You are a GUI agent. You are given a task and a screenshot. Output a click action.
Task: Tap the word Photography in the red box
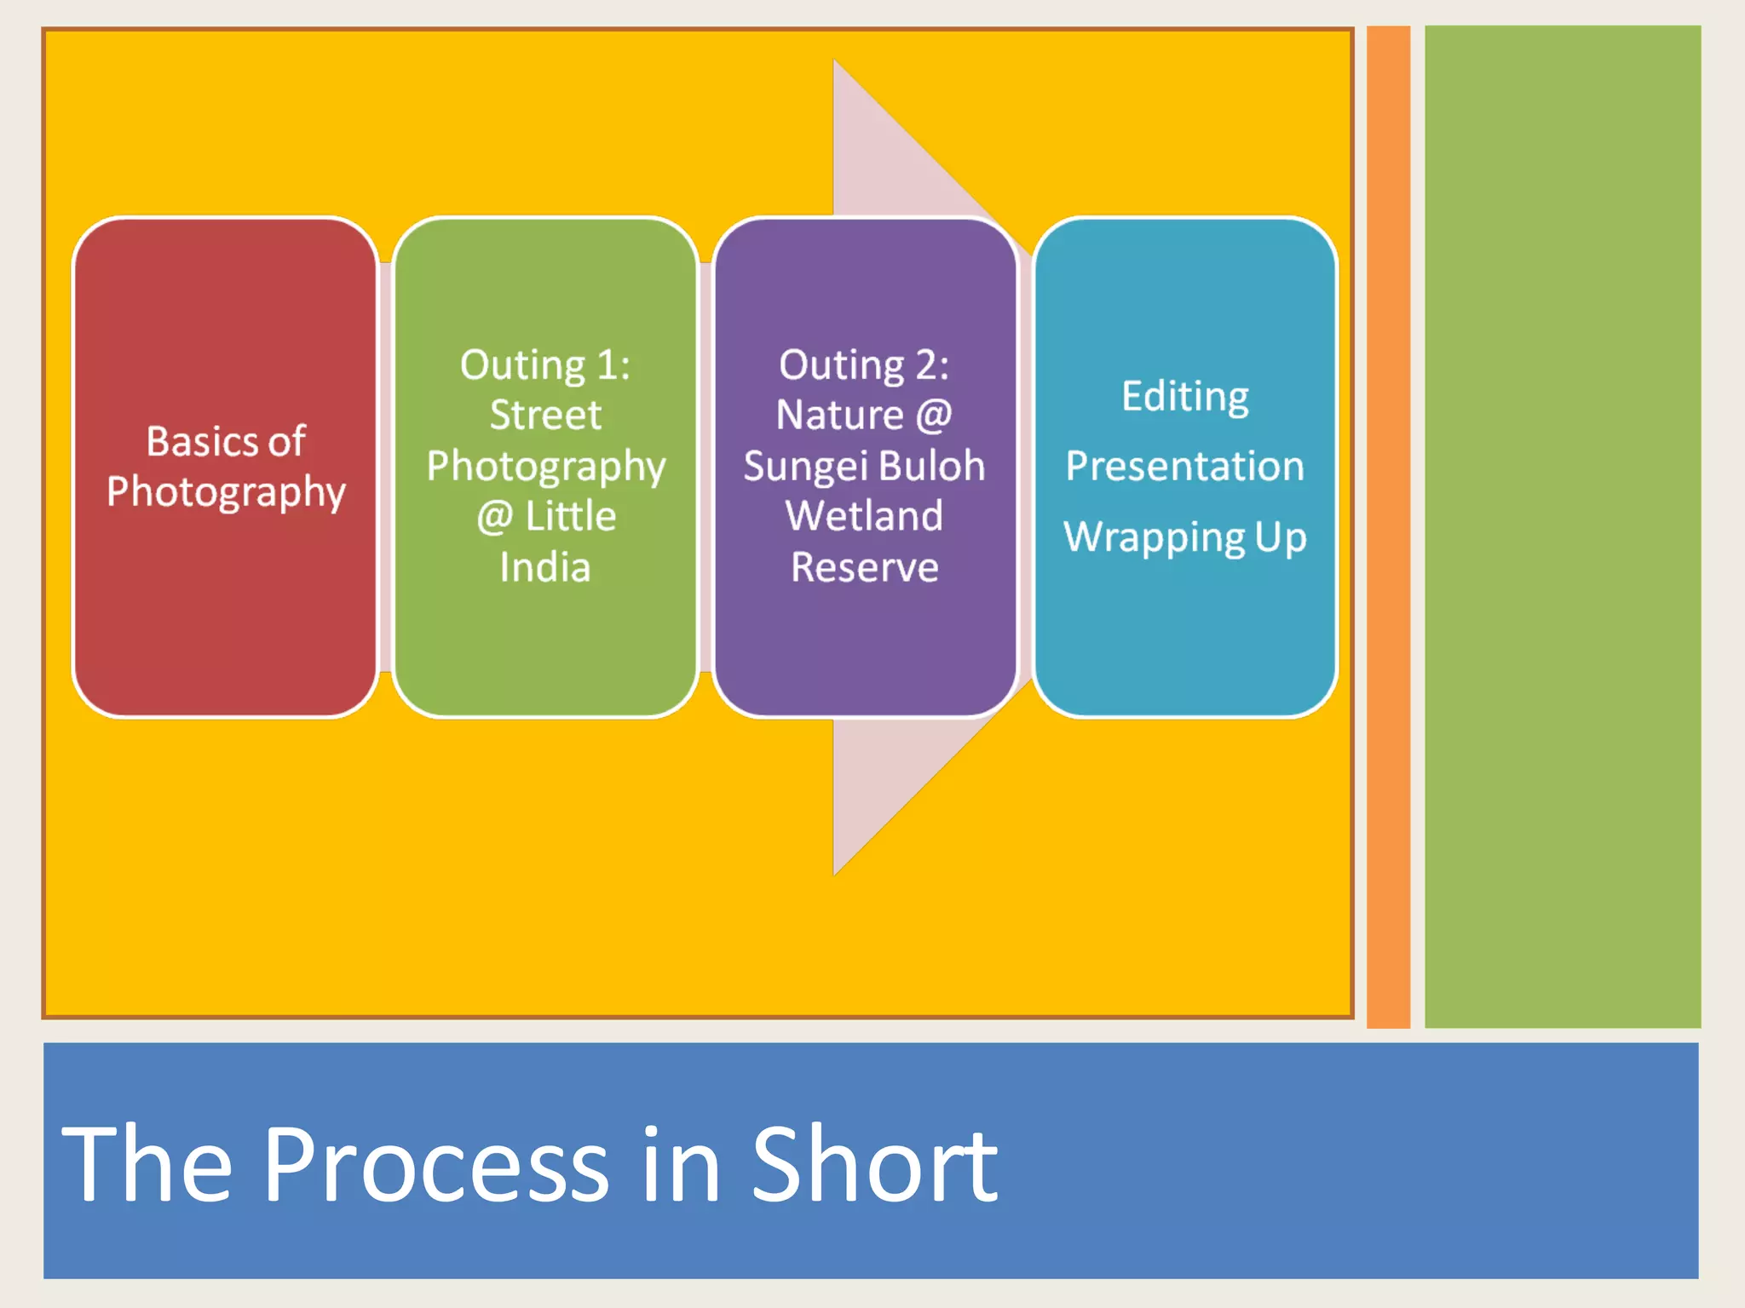point(226,493)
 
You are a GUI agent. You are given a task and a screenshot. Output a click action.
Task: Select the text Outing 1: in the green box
point(545,365)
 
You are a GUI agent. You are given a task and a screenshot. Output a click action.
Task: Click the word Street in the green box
point(545,416)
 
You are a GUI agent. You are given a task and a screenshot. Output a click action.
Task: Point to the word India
point(545,567)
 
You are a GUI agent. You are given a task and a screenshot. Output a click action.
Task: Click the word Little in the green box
point(570,517)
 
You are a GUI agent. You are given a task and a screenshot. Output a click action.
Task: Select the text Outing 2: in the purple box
point(864,365)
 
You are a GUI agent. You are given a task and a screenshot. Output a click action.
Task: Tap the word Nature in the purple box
point(839,416)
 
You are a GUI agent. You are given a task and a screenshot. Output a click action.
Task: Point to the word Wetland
point(864,516)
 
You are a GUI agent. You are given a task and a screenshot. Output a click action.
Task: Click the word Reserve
point(864,567)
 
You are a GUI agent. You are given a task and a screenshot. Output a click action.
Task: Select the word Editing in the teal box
point(1184,397)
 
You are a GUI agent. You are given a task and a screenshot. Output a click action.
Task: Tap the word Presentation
point(1184,467)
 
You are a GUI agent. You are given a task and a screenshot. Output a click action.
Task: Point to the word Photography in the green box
point(545,468)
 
